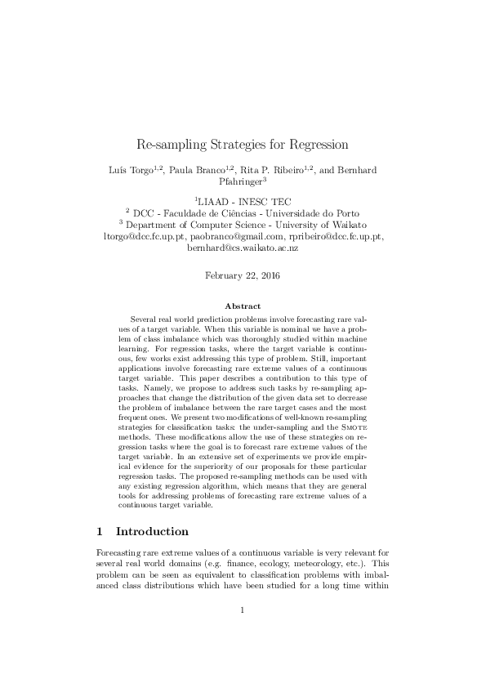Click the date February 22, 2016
tap(243, 276)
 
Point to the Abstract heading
tap(243, 306)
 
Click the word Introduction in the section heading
tap(152, 532)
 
